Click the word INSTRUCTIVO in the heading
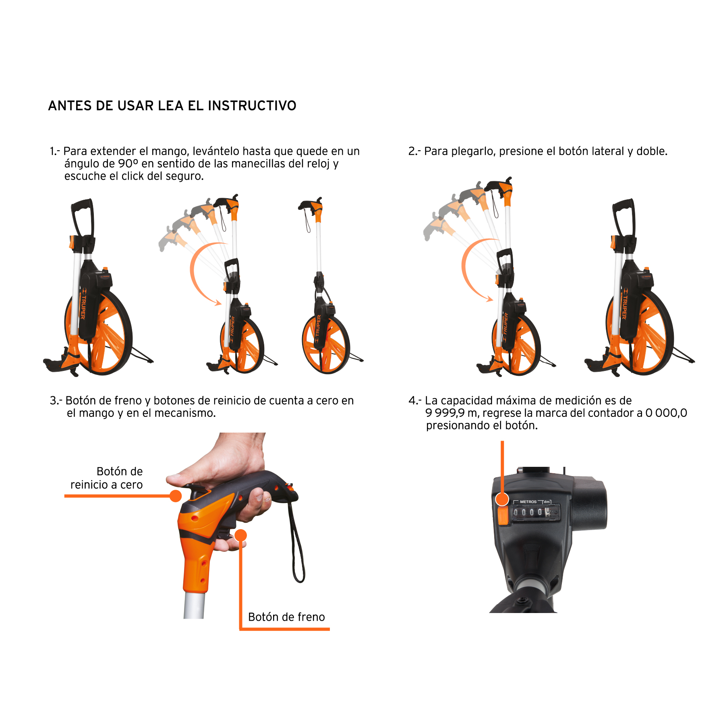click(x=252, y=106)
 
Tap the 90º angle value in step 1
click(x=128, y=164)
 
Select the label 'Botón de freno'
click(x=286, y=617)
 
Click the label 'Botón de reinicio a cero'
click(x=107, y=478)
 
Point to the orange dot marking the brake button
click(x=240, y=535)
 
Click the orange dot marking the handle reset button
click(x=176, y=496)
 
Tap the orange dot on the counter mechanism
click(x=502, y=499)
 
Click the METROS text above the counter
click(x=528, y=502)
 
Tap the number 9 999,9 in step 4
click(x=445, y=413)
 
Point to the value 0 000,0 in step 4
click(x=666, y=413)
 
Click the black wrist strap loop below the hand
click(x=297, y=540)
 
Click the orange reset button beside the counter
click(x=503, y=516)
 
